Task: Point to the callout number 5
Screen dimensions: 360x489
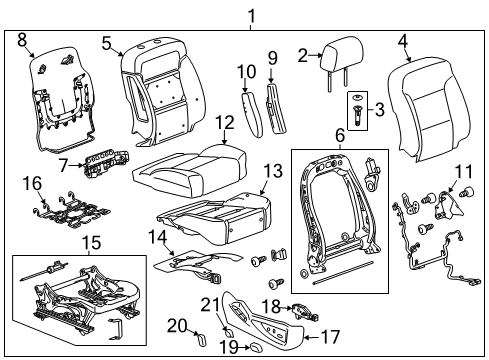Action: pos(106,42)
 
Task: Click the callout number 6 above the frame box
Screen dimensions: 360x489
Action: pos(339,134)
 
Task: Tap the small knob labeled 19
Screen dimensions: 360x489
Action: pos(254,345)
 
